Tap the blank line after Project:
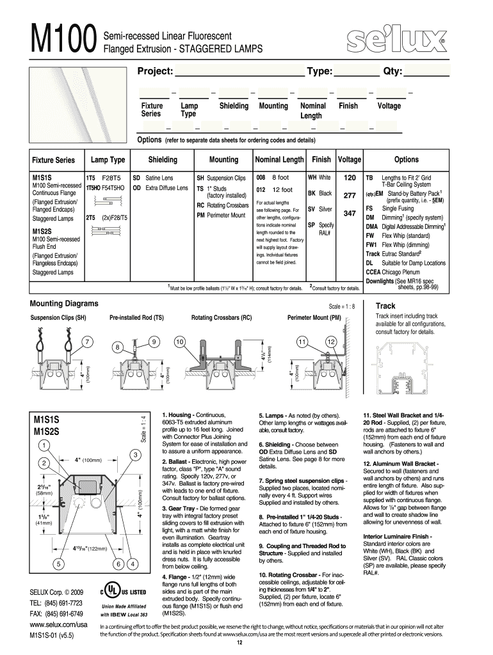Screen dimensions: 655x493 (x=239, y=71)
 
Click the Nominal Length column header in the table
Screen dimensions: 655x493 (x=279, y=159)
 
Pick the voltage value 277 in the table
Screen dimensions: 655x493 (x=350, y=196)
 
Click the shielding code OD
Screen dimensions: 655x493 (x=136, y=188)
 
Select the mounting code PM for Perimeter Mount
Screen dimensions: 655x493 (x=200, y=216)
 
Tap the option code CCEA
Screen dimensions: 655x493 (x=374, y=271)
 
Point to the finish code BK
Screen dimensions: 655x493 (x=311, y=193)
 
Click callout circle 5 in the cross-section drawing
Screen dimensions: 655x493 (x=58, y=564)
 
